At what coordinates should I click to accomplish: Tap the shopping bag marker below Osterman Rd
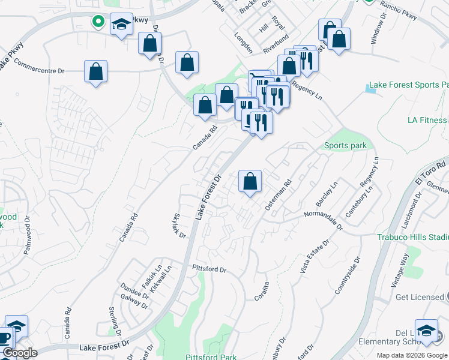tap(250, 181)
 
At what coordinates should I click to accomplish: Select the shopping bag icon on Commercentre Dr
tap(95, 71)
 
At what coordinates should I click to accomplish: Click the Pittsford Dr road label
tap(209, 269)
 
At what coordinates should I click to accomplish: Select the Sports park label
tap(345, 145)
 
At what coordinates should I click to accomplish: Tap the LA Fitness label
tap(427, 120)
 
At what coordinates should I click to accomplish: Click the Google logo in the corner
tap(20, 353)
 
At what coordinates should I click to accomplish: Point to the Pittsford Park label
tap(211, 357)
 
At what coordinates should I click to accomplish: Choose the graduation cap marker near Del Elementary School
tap(426, 332)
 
